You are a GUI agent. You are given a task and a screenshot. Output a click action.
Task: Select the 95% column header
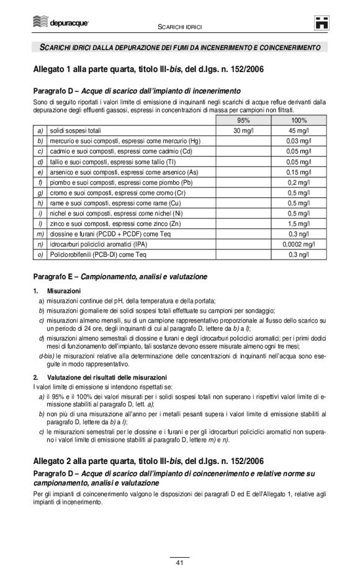243,120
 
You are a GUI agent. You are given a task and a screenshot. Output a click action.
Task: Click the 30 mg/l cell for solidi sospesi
243,131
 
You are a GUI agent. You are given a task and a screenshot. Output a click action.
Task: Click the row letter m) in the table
40,234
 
